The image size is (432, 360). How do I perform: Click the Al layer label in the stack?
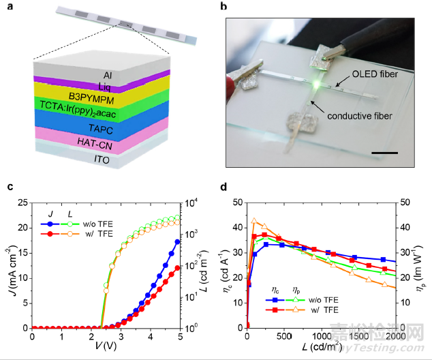108,74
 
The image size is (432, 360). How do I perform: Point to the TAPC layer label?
108,127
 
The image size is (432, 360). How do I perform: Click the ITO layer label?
108,160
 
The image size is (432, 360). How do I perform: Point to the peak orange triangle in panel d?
255,220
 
